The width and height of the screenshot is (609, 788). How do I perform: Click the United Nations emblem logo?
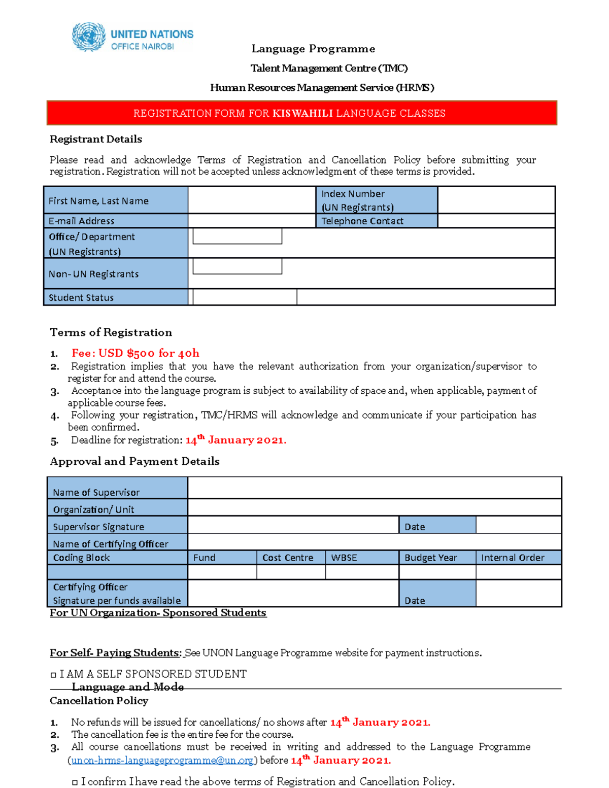[88, 37]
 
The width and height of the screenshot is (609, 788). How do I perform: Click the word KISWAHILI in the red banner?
[302, 113]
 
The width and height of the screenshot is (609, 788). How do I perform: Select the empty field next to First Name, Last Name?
[252, 200]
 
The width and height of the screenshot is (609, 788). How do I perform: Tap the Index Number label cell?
[377, 200]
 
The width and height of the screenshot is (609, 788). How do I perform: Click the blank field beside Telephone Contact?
[496, 221]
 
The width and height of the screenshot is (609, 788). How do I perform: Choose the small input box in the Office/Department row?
[237, 236]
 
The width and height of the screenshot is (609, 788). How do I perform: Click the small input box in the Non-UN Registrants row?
[237, 266]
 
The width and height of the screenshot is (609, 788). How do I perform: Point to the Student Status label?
[81, 298]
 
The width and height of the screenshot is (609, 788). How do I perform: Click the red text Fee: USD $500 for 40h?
[136, 353]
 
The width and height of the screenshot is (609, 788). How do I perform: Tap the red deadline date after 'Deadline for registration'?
[235, 440]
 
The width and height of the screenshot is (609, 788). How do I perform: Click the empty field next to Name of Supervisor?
[374, 488]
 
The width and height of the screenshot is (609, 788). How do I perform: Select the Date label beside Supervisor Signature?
[415, 527]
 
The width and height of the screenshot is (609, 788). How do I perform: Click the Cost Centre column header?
[288, 558]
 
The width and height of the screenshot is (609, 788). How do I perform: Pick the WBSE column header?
[344, 558]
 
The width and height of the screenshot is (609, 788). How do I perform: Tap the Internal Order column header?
[513, 558]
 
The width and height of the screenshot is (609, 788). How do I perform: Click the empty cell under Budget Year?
[437, 572]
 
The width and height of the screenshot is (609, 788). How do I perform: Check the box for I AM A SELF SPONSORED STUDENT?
[53, 675]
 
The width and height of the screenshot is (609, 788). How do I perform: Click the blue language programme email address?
[162, 761]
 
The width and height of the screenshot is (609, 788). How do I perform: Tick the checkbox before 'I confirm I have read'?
[75, 782]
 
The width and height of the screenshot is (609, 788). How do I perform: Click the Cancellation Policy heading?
[99, 701]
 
